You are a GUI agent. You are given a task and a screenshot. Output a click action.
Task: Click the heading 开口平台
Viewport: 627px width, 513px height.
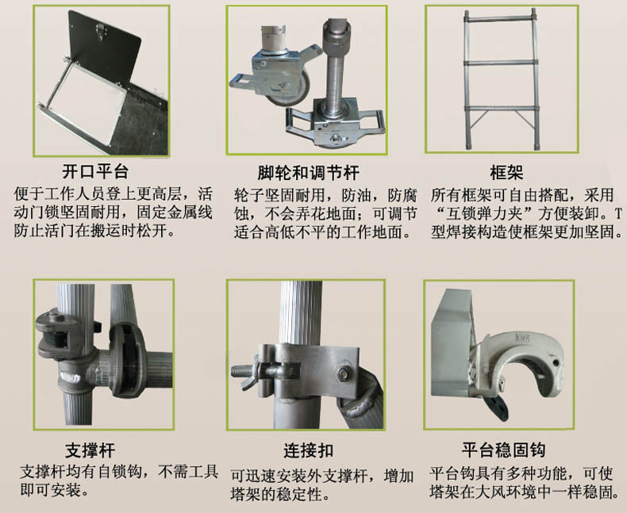coord(95,172)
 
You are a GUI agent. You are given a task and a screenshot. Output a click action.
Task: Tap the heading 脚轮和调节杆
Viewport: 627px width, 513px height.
coord(308,173)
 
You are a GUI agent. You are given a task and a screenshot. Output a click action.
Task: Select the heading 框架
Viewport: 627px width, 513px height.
coord(506,173)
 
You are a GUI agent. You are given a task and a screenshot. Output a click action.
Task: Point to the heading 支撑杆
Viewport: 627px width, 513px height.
coord(90,450)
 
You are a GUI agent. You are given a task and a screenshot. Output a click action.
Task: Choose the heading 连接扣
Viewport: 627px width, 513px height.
coord(308,450)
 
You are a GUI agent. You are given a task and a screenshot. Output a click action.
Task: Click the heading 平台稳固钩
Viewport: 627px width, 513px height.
coord(503,450)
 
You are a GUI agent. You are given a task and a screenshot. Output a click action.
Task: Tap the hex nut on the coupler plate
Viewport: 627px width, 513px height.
coord(344,373)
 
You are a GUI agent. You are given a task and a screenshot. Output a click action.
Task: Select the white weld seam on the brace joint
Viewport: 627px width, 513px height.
coord(71,376)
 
